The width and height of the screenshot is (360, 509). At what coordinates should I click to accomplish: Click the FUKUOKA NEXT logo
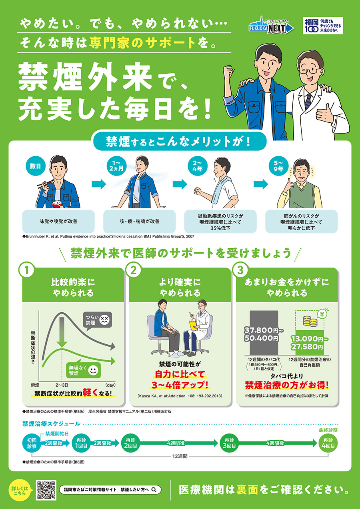271,25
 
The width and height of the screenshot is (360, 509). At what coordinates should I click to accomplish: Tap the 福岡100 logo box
323,26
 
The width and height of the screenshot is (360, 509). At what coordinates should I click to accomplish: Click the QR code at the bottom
46,490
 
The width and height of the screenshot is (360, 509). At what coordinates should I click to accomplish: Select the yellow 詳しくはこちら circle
20,490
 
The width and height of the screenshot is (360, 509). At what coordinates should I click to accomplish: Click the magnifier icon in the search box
154,490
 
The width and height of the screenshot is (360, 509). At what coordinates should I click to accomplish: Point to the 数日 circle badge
36,166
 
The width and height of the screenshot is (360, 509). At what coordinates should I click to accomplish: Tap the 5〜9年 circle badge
278,166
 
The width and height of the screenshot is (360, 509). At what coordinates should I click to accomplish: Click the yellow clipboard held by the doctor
194,325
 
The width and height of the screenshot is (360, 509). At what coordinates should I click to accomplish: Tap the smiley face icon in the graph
93,370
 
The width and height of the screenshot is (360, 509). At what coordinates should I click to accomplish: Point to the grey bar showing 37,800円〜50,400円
264,332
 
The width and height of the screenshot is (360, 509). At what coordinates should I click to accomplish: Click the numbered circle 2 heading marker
134,270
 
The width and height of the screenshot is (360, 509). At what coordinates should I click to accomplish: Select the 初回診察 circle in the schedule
32,443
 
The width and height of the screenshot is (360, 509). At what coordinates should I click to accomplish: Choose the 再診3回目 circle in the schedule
229,443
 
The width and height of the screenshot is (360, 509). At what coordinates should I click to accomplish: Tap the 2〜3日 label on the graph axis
62,385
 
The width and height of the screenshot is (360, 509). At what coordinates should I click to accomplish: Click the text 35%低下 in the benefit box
220,228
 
